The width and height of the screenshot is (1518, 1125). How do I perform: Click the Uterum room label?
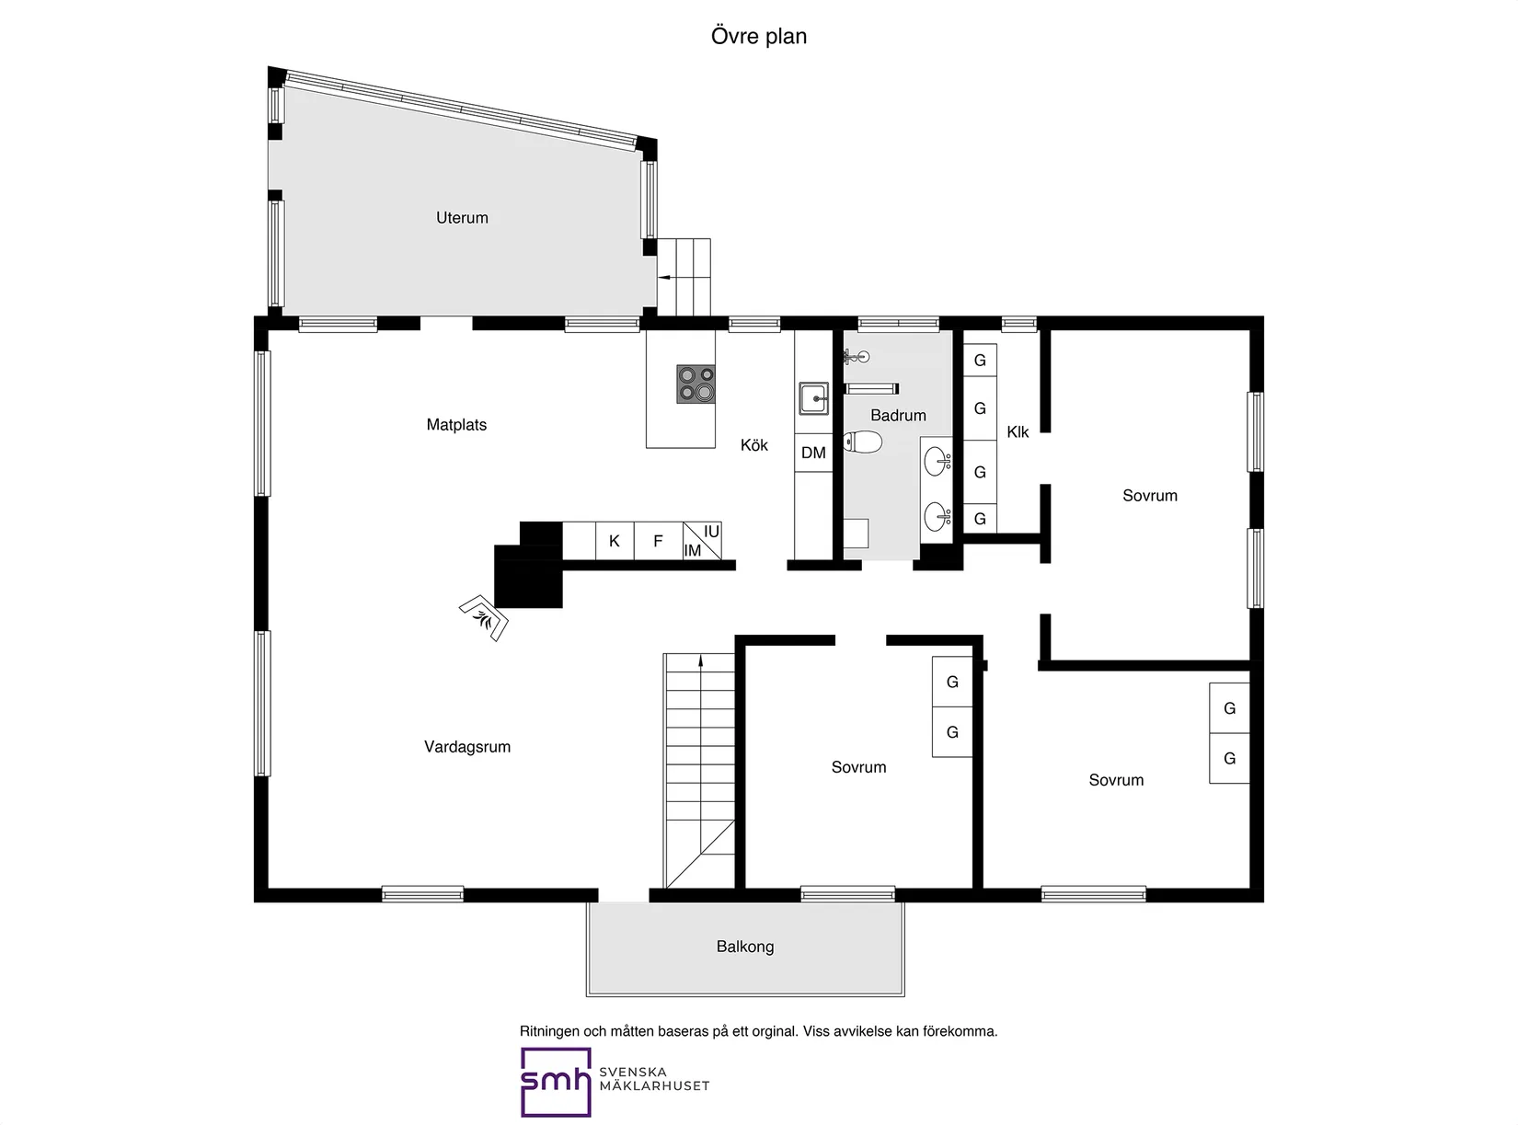(462, 218)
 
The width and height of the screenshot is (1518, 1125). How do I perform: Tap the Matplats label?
(456, 425)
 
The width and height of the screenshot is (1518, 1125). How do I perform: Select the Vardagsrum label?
(467, 747)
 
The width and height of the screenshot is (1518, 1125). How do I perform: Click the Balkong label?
(745, 947)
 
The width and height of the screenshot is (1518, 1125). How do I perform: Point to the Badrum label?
(898, 416)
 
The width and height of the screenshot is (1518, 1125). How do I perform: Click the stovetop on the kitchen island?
(696, 385)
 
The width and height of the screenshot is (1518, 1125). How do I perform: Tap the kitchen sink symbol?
(813, 399)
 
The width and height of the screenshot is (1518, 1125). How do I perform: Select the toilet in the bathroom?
(863, 442)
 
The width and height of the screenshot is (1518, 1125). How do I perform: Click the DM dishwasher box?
(813, 453)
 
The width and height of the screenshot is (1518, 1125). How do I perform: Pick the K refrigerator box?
(615, 541)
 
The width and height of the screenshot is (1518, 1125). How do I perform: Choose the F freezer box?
(658, 541)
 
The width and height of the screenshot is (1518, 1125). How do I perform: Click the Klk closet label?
(1018, 431)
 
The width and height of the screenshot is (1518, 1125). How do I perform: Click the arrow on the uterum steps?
(662, 276)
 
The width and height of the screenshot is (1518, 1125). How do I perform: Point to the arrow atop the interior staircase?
(701, 660)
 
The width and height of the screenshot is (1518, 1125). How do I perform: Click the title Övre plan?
(759, 37)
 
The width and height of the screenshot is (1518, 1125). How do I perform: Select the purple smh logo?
(556, 1082)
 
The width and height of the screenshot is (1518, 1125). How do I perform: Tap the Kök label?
(754, 445)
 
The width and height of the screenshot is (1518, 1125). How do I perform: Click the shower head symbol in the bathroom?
(856, 356)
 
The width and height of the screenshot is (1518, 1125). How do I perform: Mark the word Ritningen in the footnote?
(549, 1031)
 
